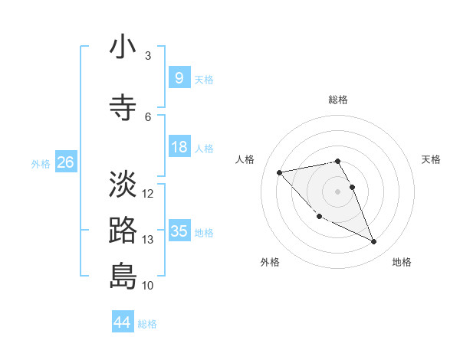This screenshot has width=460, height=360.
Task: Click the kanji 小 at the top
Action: point(123,47)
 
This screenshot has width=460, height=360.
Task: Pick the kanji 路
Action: point(123,231)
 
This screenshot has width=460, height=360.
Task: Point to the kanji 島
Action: point(123,276)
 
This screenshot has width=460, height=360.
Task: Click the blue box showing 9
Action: point(179,78)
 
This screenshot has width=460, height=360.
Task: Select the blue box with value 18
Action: point(179,147)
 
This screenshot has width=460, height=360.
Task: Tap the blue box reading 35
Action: point(179,231)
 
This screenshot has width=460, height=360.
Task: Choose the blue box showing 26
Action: point(65,162)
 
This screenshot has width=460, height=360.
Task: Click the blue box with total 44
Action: point(123,322)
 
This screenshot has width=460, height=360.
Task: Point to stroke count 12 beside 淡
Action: point(149,194)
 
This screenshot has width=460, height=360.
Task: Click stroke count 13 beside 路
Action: point(149,240)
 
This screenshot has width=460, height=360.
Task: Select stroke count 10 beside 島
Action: point(149,286)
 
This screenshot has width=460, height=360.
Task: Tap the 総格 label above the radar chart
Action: point(338,100)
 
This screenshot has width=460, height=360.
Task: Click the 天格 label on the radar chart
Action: point(432,159)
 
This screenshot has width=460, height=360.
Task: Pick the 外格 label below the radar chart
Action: point(270,262)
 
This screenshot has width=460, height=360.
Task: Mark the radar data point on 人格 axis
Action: point(280,172)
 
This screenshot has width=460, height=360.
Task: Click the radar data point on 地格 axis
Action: point(374,242)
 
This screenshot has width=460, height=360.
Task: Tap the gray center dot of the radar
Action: point(338,191)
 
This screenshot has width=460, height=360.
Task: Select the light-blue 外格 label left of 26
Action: point(41,163)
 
